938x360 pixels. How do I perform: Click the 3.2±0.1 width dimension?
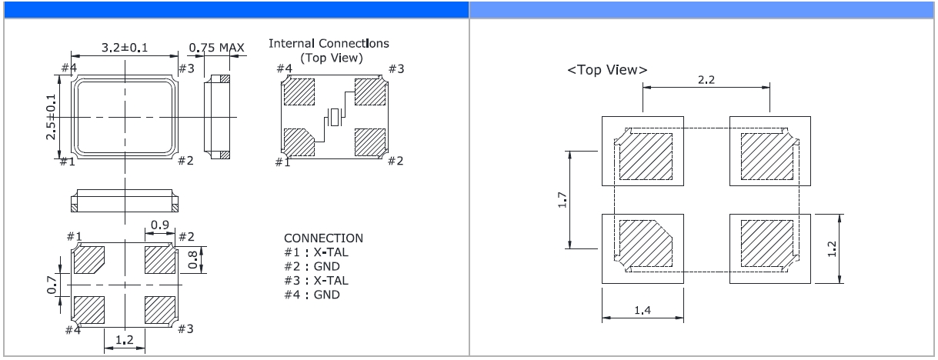point(124,48)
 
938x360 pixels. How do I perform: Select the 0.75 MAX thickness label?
point(216,48)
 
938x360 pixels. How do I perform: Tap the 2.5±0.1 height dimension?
point(52,118)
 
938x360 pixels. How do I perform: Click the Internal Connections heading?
point(329,44)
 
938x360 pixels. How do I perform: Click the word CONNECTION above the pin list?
point(323,238)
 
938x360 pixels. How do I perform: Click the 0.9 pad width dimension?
point(160,225)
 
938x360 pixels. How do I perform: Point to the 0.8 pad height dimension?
point(193,258)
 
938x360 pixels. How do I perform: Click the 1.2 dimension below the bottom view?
point(124,339)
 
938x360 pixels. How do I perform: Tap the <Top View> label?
point(607,70)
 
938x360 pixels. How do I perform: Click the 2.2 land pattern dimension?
point(706,79)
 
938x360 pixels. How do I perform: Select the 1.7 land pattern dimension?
point(563,200)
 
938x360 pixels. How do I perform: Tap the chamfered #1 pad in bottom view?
point(92,258)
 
